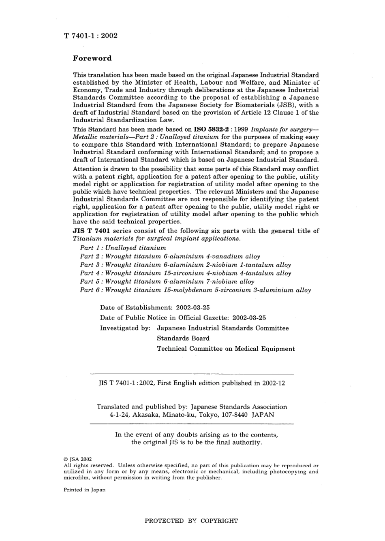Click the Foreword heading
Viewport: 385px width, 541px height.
pos(92,58)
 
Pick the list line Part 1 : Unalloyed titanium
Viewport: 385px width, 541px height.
pos(123,248)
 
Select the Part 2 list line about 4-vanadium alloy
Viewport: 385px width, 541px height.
pos(170,256)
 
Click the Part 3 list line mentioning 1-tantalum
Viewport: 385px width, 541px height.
pos(185,265)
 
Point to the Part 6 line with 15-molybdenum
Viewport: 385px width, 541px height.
pos(195,290)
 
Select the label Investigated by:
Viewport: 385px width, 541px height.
pos(125,328)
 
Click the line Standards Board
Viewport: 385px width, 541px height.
pos(183,338)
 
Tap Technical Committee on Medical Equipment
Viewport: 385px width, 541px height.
pos(226,349)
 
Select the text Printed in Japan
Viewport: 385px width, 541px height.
pos(84,490)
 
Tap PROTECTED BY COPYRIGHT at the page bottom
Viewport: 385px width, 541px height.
pos(191,521)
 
